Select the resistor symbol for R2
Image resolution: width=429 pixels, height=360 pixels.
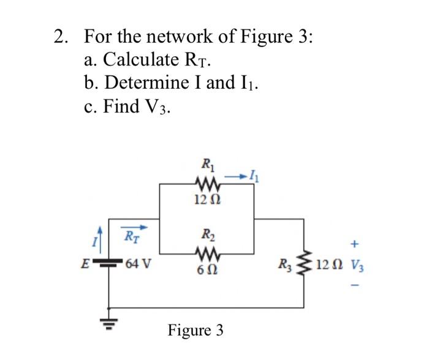(206, 252)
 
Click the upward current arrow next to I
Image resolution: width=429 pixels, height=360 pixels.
(96, 234)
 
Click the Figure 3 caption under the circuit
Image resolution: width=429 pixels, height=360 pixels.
(196, 331)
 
